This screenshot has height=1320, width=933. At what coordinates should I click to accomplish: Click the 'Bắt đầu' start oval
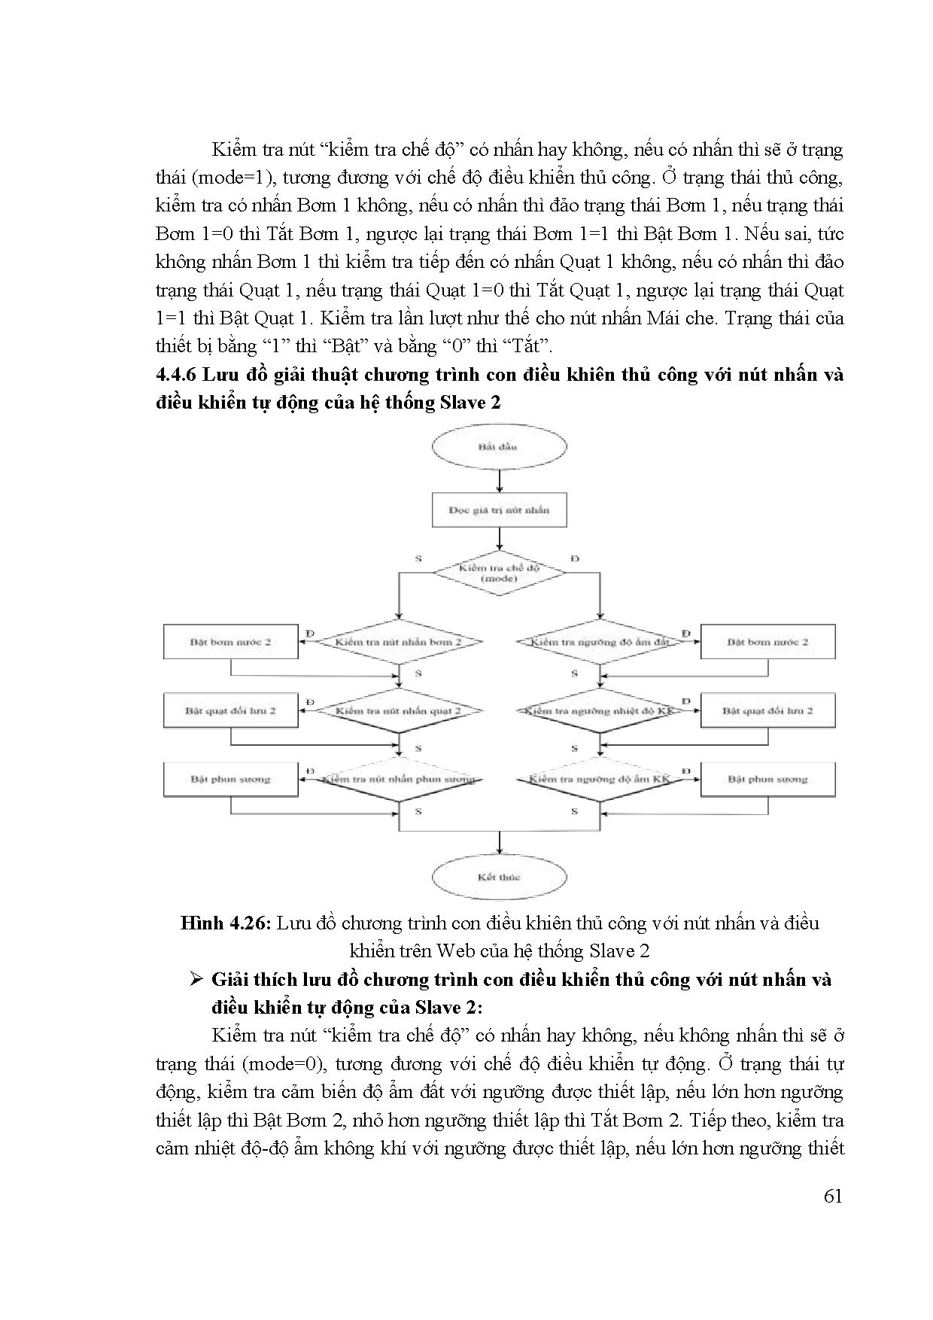pyautogui.click(x=498, y=446)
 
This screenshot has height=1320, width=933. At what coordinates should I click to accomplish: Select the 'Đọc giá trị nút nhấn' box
pyautogui.click(x=499, y=509)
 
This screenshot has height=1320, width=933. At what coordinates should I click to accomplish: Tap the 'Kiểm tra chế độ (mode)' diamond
pyautogui.click(x=499, y=573)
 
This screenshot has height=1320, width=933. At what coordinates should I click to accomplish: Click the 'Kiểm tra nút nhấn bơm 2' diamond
pyautogui.click(x=398, y=642)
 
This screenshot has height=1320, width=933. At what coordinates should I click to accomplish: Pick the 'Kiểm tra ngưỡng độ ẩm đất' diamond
pyautogui.click(x=600, y=642)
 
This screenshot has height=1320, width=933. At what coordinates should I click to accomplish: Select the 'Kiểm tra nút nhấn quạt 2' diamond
pyautogui.click(x=398, y=710)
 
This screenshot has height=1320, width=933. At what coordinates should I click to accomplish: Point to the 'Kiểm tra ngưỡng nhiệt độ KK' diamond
pyautogui.click(x=600, y=710)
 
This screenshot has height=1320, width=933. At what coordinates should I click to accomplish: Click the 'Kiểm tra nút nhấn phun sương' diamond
pyautogui.click(x=398, y=779)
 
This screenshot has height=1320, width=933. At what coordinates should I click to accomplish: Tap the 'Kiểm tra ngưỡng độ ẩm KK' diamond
pyautogui.click(x=600, y=779)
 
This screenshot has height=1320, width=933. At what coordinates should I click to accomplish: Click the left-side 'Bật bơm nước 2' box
pyautogui.click(x=231, y=642)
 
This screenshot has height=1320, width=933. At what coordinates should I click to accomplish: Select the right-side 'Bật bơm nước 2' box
pyautogui.click(x=767, y=642)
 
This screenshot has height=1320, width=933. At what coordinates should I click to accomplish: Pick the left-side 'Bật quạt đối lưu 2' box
pyautogui.click(x=231, y=710)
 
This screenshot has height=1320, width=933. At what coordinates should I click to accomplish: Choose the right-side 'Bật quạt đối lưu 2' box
pyautogui.click(x=767, y=710)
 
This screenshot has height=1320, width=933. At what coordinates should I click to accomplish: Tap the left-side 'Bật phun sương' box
pyautogui.click(x=231, y=779)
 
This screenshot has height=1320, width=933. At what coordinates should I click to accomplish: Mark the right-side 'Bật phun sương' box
pyautogui.click(x=767, y=779)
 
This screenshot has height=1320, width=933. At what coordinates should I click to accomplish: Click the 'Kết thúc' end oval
pyautogui.click(x=498, y=877)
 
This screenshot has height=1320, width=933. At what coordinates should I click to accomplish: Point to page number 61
pyautogui.click(x=832, y=1197)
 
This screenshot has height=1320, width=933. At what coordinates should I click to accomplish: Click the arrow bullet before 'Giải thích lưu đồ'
pyautogui.click(x=198, y=980)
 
